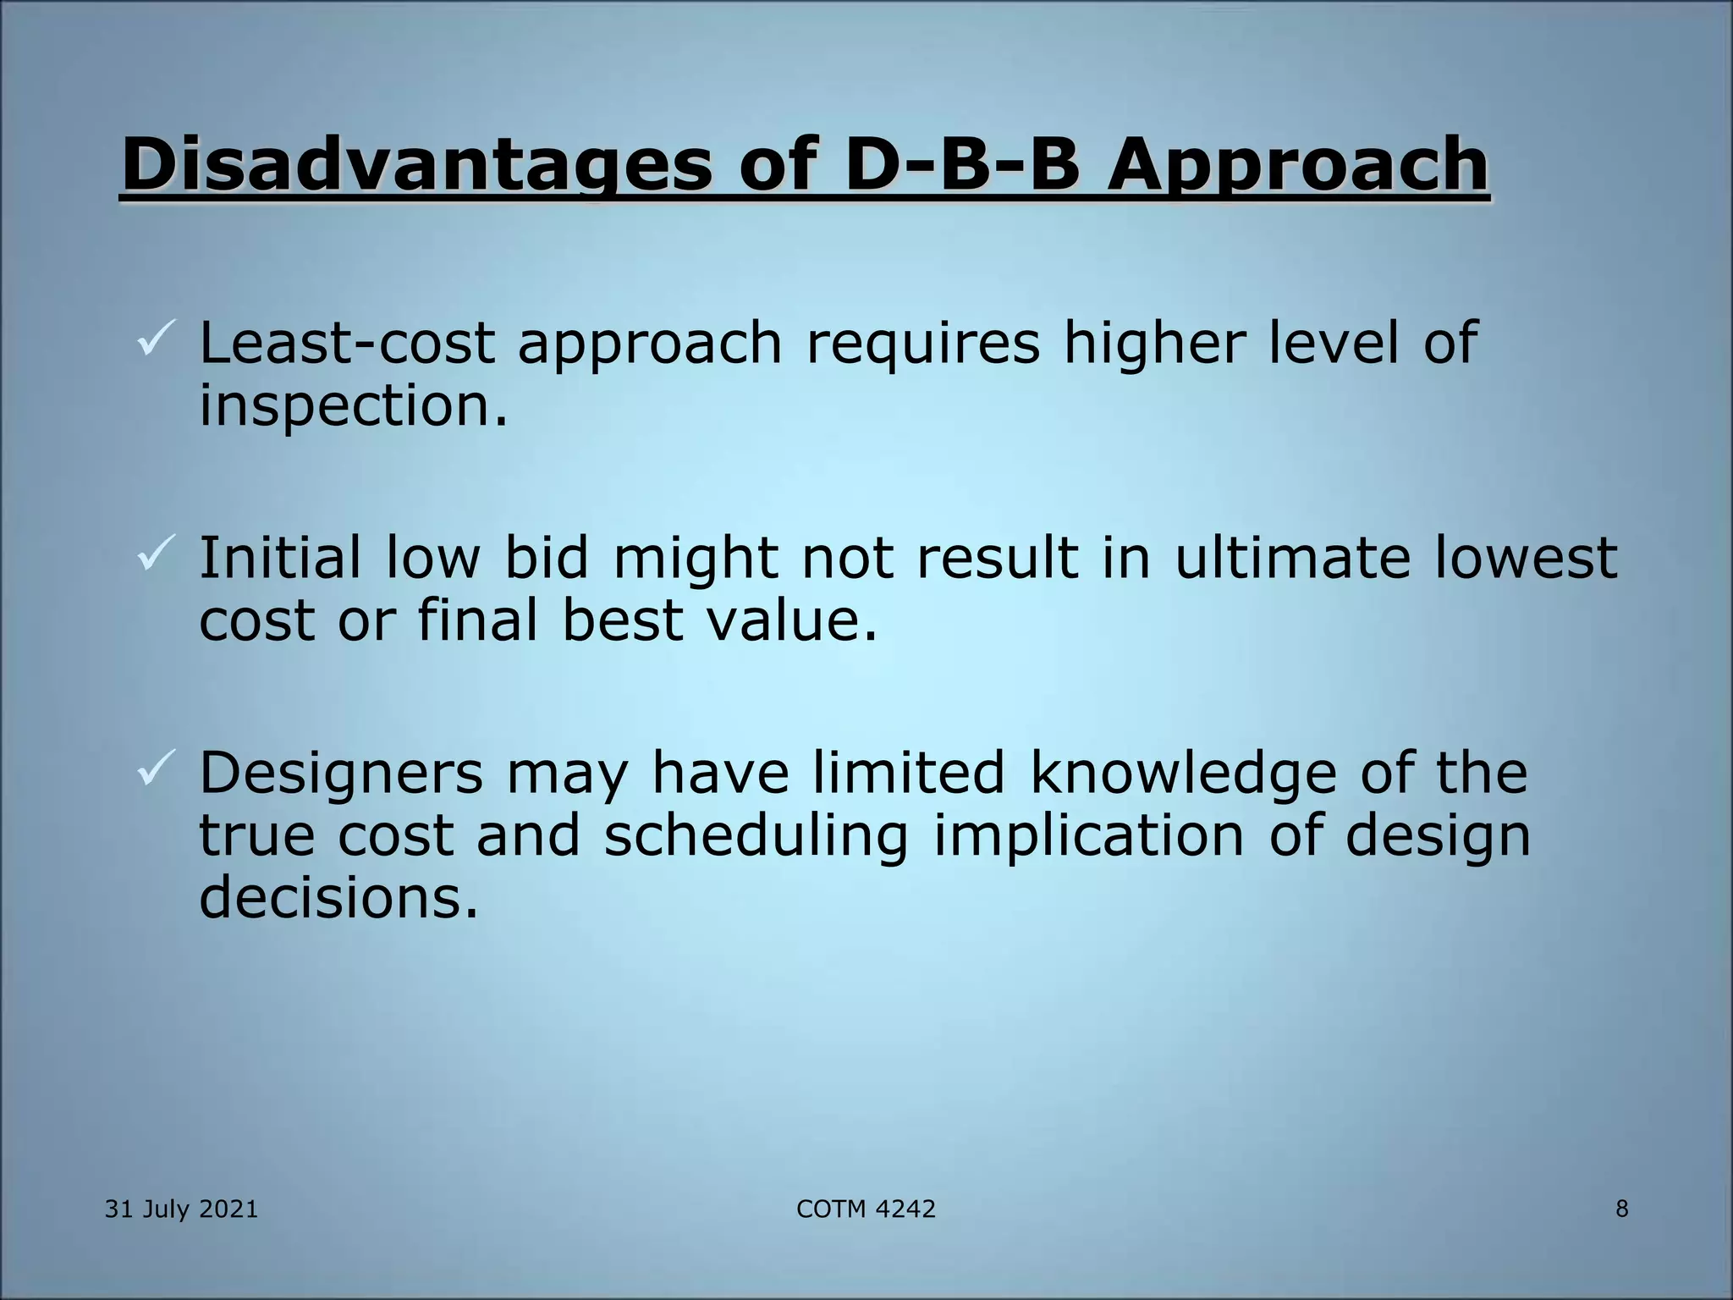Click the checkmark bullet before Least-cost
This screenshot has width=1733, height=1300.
coord(156,336)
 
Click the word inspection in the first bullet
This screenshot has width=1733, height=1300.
coord(354,405)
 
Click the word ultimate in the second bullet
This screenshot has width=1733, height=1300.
coord(1292,558)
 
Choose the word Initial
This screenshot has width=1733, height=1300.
coord(280,558)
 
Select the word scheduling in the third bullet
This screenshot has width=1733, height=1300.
coord(756,835)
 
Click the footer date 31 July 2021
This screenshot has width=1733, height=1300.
coord(181,1209)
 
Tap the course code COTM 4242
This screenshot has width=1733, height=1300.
coord(866,1209)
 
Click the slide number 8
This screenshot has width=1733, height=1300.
coord(1621,1209)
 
